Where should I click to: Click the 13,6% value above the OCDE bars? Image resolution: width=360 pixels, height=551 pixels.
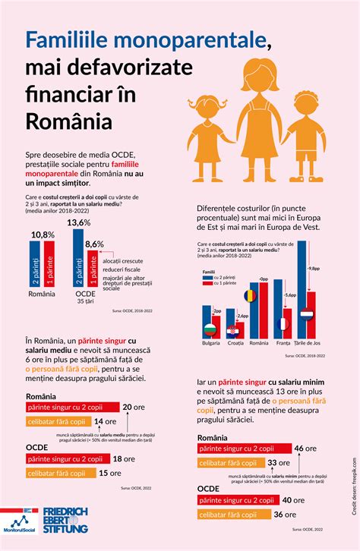[79, 222]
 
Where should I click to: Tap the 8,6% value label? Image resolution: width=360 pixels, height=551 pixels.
[94, 244]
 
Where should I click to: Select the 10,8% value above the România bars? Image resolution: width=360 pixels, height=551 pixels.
[43, 235]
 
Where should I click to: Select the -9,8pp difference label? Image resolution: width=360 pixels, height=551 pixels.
[314, 269]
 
